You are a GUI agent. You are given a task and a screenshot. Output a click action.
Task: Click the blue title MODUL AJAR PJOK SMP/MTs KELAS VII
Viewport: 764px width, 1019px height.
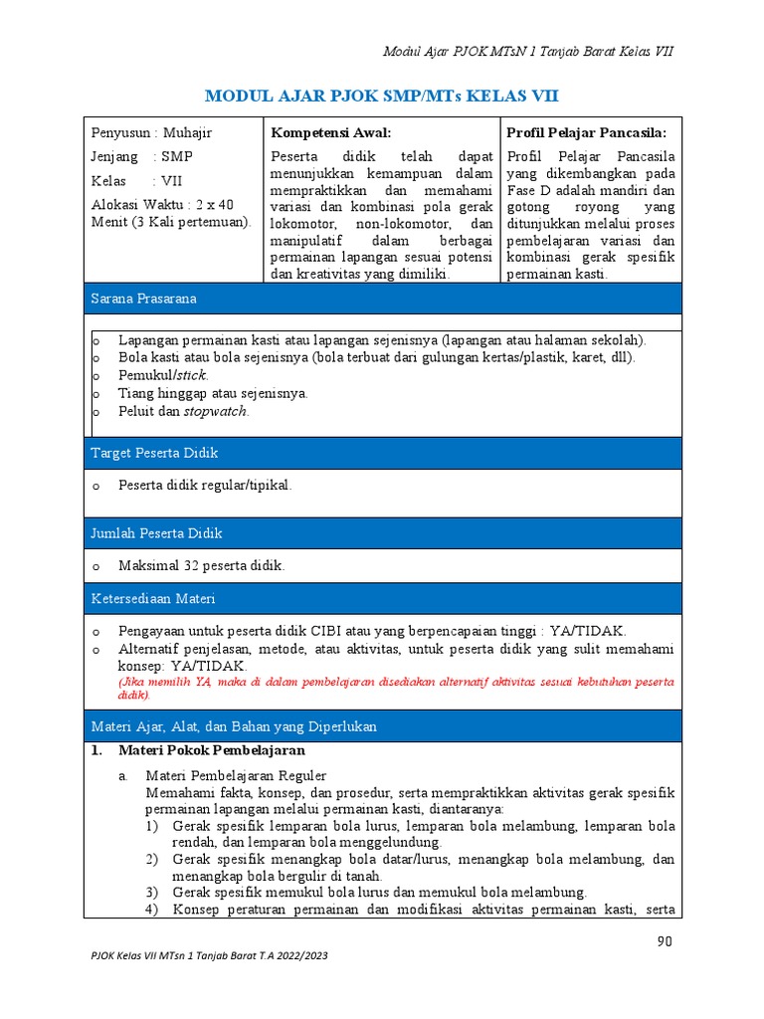[x=381, y=96]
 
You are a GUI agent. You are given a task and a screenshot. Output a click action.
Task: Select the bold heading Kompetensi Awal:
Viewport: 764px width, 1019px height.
[x=331, y=132]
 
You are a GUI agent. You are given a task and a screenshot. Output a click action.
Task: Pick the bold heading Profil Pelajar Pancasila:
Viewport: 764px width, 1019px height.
[x=586, y=132]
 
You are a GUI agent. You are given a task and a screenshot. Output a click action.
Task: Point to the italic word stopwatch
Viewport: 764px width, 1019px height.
[x=217, y=411]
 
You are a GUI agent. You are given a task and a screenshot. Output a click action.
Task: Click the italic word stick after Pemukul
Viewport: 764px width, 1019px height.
[x=191, y=375]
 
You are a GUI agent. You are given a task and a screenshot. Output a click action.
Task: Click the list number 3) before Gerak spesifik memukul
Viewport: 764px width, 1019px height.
[x=151, y=892]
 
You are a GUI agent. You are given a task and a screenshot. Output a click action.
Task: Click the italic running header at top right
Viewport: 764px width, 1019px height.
[x=528, y=51]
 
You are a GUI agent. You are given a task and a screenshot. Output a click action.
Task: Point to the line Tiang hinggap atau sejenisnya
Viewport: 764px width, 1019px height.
[x=213, y=393]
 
